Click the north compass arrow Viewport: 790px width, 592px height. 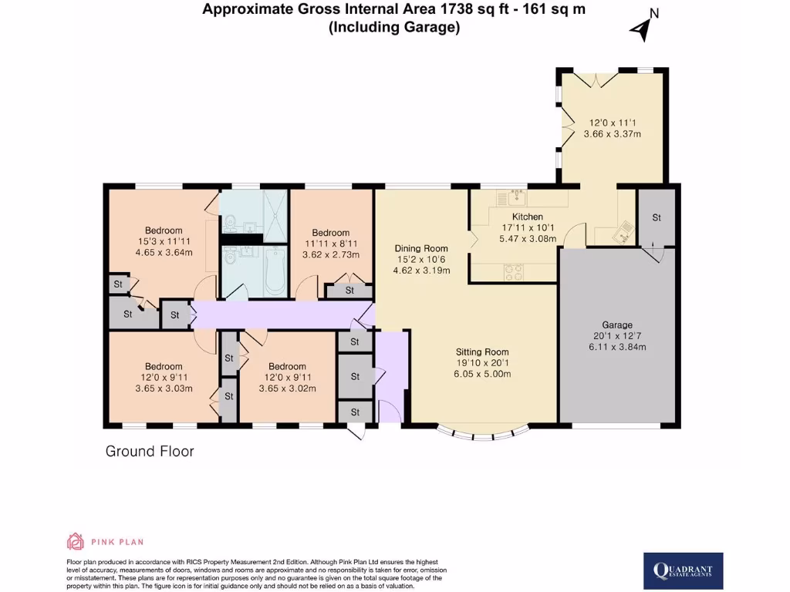640,29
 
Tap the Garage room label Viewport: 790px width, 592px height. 617,325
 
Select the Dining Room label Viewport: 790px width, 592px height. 421,248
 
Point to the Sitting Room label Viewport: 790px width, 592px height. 482,351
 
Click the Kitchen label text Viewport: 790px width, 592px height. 528,217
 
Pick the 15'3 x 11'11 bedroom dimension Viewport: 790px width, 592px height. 164,241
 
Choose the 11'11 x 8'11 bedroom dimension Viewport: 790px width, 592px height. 330,244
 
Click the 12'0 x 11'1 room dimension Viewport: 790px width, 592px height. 613,123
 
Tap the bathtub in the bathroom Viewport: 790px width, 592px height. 275,271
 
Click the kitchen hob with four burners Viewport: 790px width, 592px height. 513,272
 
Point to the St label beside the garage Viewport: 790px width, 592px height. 657,217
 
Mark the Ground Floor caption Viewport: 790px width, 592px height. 150,451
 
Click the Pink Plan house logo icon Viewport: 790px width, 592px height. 75,541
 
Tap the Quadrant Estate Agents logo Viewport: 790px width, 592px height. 684,571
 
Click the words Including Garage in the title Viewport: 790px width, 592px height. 394,27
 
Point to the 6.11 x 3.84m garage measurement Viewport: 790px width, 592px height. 617,347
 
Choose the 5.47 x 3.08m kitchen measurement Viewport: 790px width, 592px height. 528,239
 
